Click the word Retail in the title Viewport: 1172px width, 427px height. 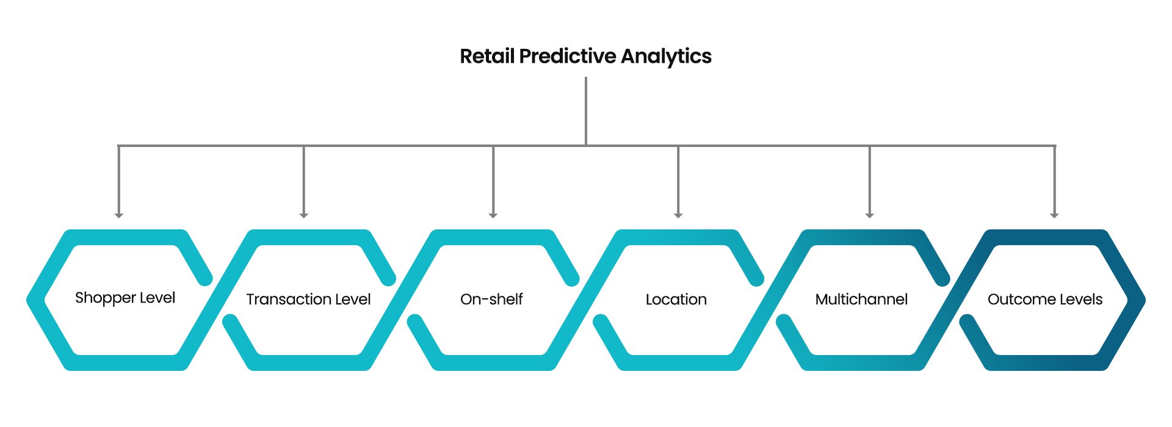coord(487,56)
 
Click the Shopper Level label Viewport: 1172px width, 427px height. coord(125,298)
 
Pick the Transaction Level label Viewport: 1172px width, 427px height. coord(308,300)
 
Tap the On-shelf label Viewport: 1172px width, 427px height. coord(491,300)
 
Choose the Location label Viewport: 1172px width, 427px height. coord(676,300)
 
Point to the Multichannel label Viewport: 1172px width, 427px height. coord(861,300)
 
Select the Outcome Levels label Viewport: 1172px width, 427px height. coord(1045,300)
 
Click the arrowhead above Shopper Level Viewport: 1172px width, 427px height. coord(119,215)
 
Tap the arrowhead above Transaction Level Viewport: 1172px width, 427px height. coord(304,215)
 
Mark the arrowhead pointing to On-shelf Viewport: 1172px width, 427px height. coord(493,215)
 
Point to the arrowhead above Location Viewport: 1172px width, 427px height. coord(678,215)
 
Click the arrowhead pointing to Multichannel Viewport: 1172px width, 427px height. coord(870,215)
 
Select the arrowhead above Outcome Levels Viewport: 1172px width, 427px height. coord(1054,215)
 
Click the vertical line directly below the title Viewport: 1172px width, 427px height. coord(586,110)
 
